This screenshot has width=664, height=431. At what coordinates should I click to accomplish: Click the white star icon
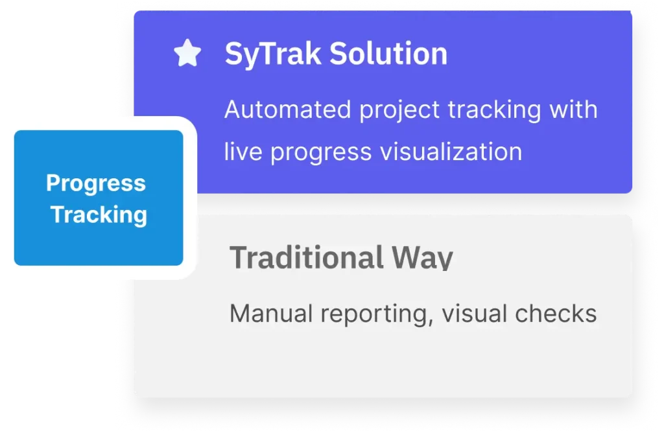point(187,53)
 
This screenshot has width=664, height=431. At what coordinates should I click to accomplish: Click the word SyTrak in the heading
point(273,54)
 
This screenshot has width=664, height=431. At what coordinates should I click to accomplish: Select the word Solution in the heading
point(388,54)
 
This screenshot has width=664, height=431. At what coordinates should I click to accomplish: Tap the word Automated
point(287,110)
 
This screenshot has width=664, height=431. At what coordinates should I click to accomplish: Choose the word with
point(573,110)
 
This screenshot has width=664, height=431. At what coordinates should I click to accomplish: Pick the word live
point(243,152)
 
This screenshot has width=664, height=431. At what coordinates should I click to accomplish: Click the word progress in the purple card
point(320,153)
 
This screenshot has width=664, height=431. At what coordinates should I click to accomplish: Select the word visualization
point(451,152)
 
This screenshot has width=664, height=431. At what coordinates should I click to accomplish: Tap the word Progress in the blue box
point(96,184)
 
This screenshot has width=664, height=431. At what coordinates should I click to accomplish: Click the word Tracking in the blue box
point(99,215)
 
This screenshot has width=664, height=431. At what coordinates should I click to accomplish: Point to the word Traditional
point(307,257)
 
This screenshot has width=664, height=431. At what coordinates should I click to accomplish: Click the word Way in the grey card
point(422,258)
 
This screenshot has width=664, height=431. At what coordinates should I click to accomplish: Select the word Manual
point(271,314)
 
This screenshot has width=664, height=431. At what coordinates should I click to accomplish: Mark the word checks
point(556,314)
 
